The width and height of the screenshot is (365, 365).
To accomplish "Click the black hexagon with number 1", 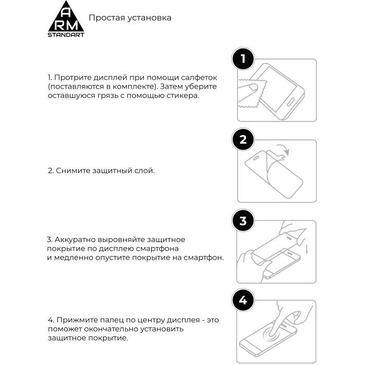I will pyautogui.click(x=242, y=59).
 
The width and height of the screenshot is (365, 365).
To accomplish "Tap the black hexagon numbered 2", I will pyautogui.click(x=242, y=139).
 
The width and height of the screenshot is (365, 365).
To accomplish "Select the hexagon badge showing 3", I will pyautogui.click(x=242, y=221).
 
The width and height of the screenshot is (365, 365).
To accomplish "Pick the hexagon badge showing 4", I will pyautogui.click(x=242, y=301).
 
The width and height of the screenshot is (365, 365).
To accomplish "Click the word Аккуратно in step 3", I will pyautogui.click(x=75, y=239).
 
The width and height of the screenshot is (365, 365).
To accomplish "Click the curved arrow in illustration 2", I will pyautogui.click(x=282, y=150).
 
